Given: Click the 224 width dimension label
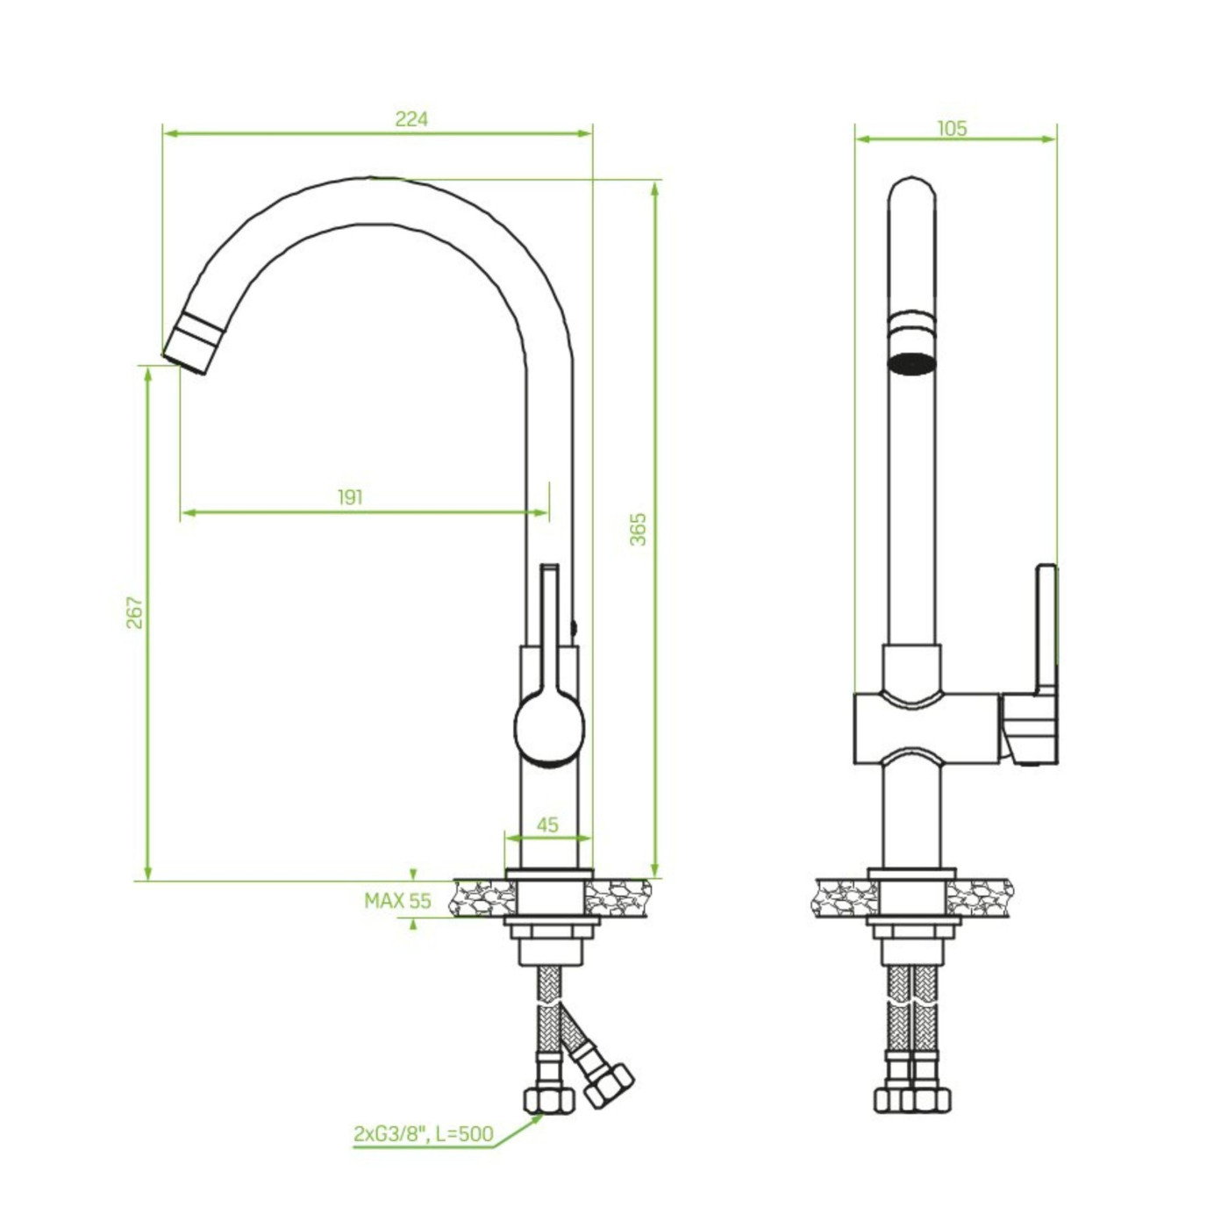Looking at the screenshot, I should click(411, 118).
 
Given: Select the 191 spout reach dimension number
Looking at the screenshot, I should click(350, 497).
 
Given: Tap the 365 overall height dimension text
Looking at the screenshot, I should click(639, 529).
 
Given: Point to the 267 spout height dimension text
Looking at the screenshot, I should click(134, 612).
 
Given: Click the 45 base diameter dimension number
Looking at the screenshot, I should click(547, 825).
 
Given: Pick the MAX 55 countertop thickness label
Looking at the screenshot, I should click(397, 901).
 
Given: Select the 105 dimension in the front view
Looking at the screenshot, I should click(952, 128).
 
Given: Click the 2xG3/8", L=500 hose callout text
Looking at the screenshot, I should click(423, 1133).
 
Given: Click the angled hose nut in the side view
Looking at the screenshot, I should click(609, 1086).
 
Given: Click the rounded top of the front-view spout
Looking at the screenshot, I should click(912, 189).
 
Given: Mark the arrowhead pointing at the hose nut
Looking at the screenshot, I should click(534, 1118).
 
